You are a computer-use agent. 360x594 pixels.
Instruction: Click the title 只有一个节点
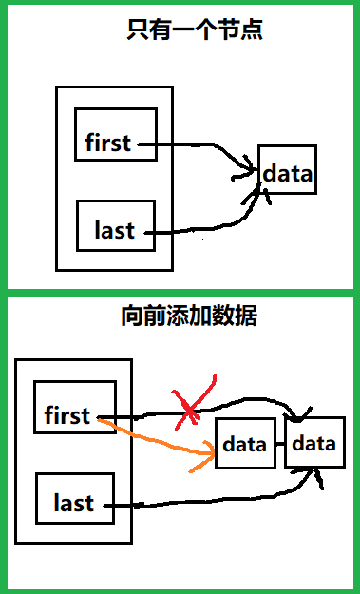[x=195, y=29]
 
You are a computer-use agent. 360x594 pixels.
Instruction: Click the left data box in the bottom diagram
[x=244, y=444]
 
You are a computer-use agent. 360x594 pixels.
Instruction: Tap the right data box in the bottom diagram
[x=313, y=443]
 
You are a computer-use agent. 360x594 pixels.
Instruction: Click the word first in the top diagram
[x=107, y=144]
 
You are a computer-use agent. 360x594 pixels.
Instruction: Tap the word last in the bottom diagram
[x=72, y=503]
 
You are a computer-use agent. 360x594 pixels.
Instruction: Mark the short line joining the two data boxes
[x=278, y=444]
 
